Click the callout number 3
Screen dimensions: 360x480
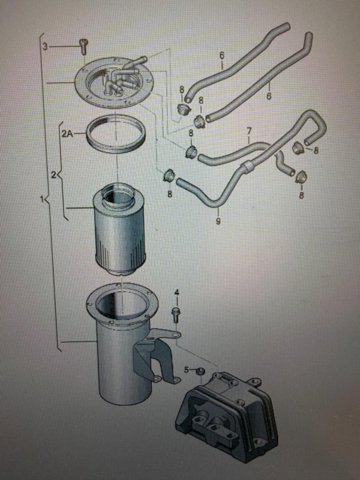tap(45, 46)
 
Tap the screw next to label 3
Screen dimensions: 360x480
tap(82, 46)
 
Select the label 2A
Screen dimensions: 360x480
tap(67, 134)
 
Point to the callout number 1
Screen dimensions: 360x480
tap(42, 200)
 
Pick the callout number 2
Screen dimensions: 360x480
tap(53, 174)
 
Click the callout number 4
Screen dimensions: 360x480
tap(177, 292)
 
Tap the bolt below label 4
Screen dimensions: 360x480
tap(176, 315)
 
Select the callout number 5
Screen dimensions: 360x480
tap(187, 369)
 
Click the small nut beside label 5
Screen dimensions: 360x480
tap(200, 371)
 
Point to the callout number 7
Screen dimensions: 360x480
tap(249, 131)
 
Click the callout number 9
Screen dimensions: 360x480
tap(218, 221)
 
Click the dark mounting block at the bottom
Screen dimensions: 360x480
tap(227, 417)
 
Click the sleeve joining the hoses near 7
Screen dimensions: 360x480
tap(247, 166)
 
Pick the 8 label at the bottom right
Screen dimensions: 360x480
tap(301, 194)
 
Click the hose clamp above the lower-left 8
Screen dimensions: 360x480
tap(169, 175)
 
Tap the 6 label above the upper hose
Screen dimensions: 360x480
tap(222, 56)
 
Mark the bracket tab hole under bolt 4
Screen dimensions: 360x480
tap(176, 333)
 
